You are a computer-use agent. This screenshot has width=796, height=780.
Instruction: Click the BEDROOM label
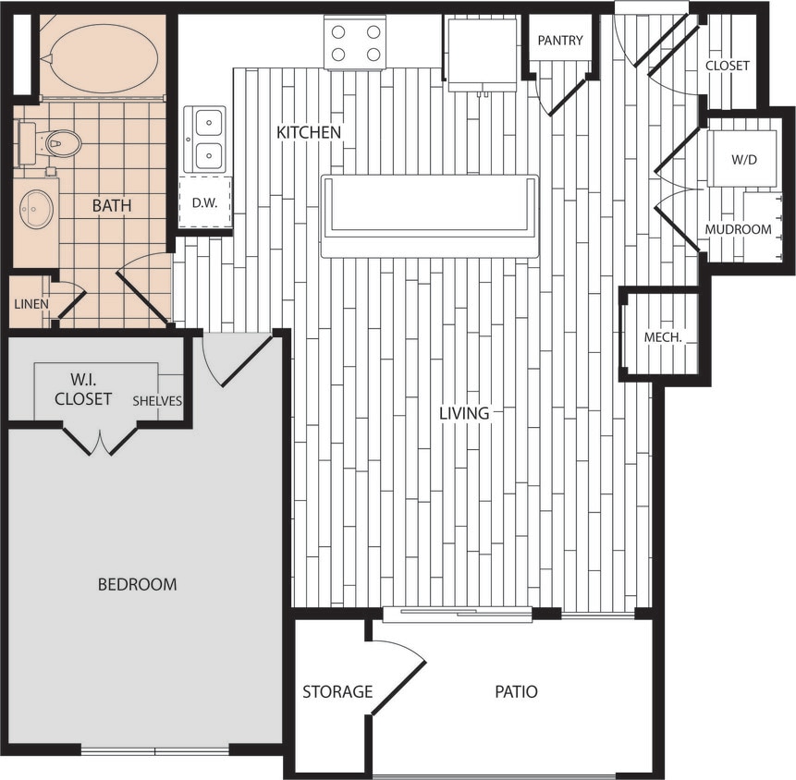click(137, 584)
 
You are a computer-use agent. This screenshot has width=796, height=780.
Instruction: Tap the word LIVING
click(464, 413)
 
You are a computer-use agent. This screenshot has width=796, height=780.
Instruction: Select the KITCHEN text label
click(309, 133)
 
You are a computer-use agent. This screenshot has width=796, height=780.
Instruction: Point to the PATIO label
click(516, 691)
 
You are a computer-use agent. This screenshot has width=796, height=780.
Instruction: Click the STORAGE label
click(337, 691)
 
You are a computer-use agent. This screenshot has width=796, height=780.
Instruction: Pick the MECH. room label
click(663, 337)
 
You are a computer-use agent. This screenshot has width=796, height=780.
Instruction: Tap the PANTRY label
click(560, 41)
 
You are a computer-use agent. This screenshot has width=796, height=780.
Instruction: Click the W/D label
click(743, 159)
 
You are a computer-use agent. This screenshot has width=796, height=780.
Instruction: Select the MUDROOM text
click(738, 229)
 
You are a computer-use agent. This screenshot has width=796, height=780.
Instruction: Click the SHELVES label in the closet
click(157, 401)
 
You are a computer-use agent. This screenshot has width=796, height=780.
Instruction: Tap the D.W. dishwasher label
click(204, 203)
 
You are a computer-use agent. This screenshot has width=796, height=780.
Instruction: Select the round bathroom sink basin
click(36, 209)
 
